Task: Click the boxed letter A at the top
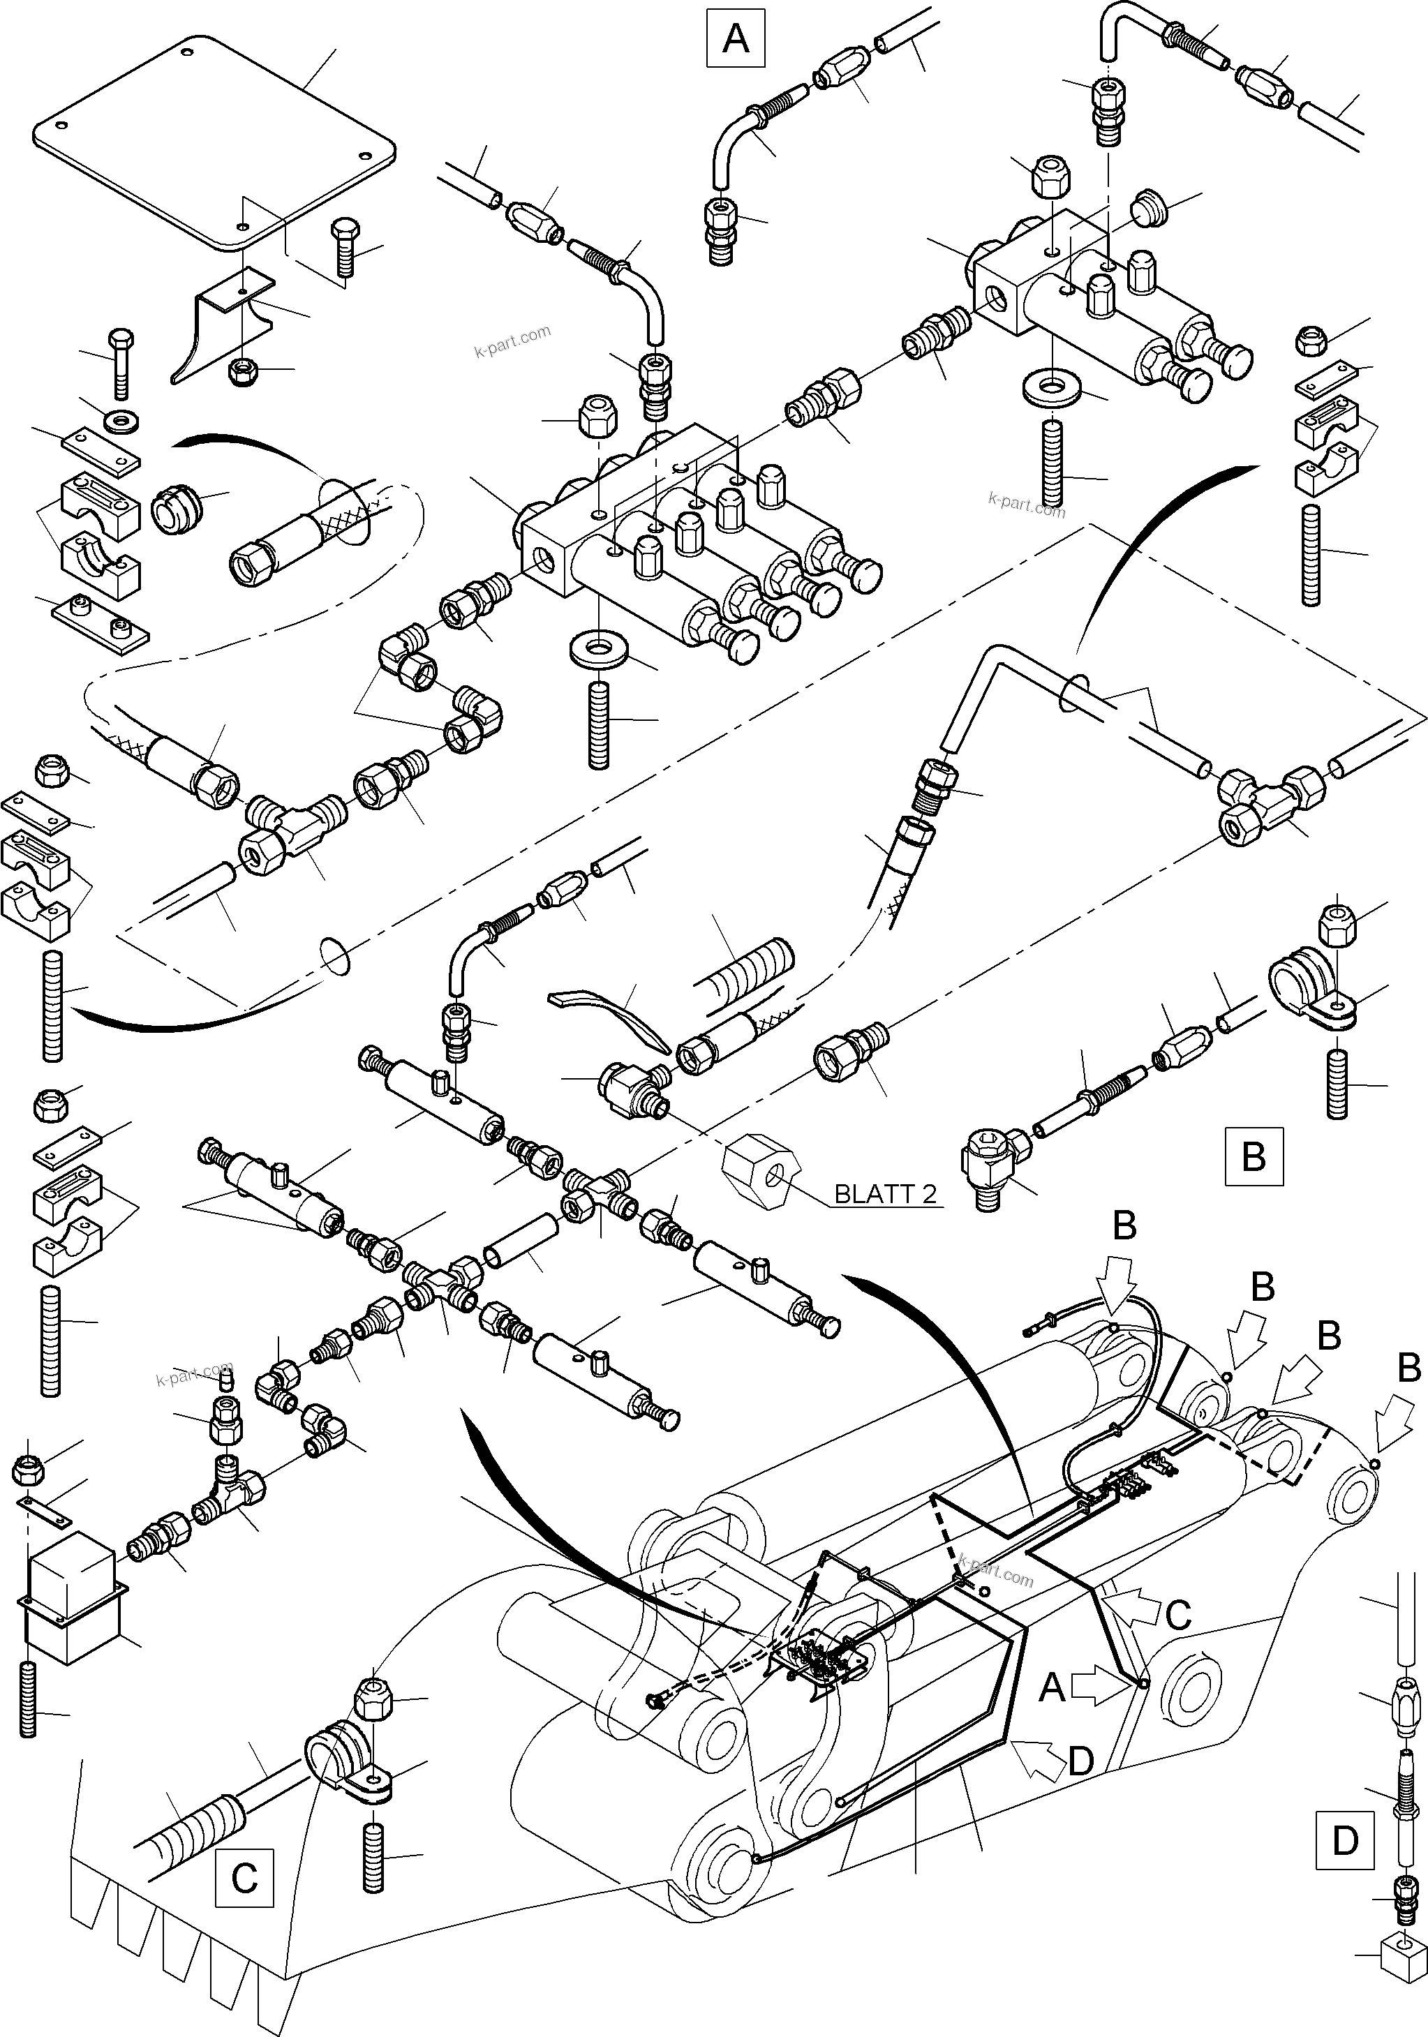coord(735,38)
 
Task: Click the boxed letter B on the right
coord(1253,1156)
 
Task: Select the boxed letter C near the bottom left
coord(244,1877)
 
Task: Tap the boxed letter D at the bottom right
coord(1344,1841)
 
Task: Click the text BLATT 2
coord(885,1194)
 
